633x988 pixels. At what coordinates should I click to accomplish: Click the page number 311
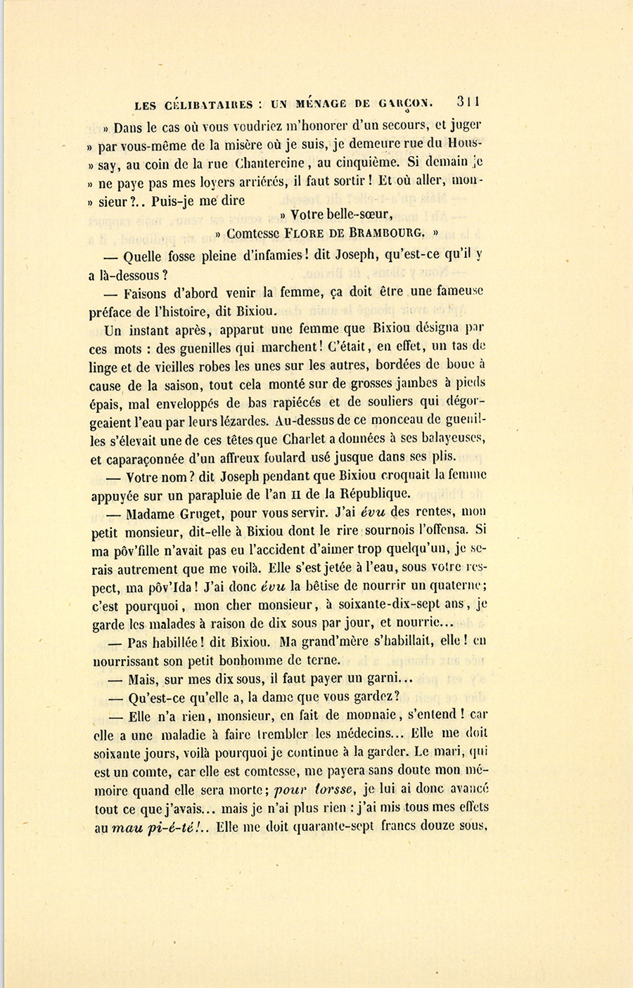(468, 101)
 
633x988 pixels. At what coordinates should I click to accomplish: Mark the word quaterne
(447, 586)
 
